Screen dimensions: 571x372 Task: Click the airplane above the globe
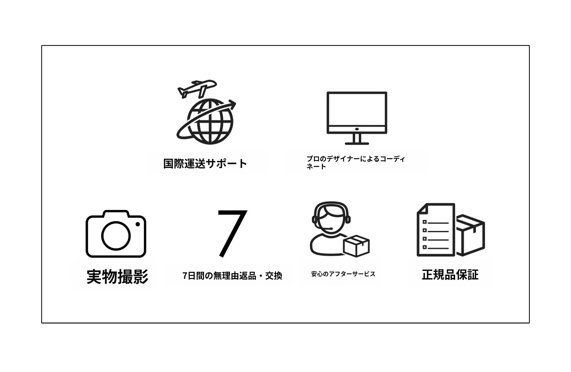coord(197,89)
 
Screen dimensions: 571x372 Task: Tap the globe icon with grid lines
coord(210,122)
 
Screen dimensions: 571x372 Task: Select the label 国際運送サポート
coord(205,164)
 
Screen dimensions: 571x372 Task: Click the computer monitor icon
coord(357,118)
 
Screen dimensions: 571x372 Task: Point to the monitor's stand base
coord(357,143)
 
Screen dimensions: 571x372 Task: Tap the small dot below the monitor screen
coord(357,129)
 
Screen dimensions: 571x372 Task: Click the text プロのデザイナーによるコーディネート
coord(355,163)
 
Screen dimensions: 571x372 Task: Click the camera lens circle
coord(116,236)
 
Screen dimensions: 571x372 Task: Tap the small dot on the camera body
coord(137,224)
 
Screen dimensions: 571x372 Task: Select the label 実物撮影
coord(117,276)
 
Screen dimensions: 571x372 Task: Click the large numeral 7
coord(233,233)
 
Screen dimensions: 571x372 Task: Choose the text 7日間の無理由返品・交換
coord(232,276)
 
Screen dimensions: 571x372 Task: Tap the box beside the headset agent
coord(356,246)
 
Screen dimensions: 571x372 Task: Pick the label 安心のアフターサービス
coord(343,274)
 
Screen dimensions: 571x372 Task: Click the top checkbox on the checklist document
coord(425,222)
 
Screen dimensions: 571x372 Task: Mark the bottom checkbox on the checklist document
coord(425,247)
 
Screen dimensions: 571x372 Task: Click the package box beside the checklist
coord(470,235)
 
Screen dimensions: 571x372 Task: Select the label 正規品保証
coord(450,275)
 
